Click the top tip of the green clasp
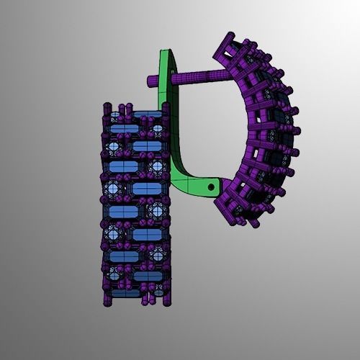pos(166,52)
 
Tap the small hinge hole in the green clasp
pos(210,186)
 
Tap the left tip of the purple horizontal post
pos(152,81)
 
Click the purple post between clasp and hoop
pos(194,76)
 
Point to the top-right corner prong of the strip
pos(167,108)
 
